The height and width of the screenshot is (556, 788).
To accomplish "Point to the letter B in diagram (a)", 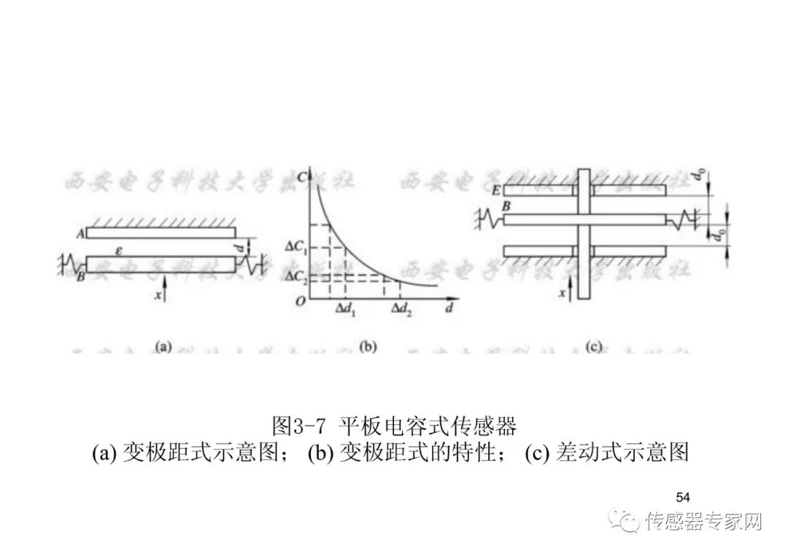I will [x=81, y=276].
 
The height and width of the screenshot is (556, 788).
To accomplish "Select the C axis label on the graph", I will [x=312, y=175].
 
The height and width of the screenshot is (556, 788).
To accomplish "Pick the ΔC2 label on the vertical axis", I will [x=294, y=276].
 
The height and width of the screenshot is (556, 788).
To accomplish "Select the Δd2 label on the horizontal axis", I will [x=400, y=309].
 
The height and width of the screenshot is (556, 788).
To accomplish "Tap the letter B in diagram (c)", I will [x=505, y=208].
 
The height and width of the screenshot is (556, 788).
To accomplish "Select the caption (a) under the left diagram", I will [x=162, y=347].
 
